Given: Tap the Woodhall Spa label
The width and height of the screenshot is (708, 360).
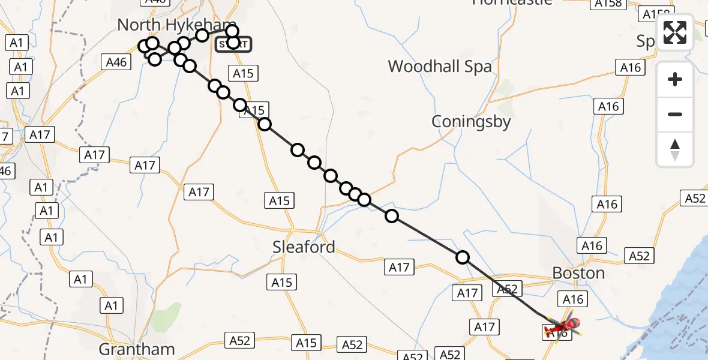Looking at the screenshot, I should point(440,66).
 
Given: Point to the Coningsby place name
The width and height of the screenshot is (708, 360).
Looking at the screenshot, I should point(471,122).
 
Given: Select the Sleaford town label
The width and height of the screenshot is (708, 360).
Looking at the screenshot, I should point(304,247).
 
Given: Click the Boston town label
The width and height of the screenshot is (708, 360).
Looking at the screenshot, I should point(578,274).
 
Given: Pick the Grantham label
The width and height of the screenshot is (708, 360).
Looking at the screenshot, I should point(137,349).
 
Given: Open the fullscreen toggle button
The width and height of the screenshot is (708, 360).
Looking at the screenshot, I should point(675,32).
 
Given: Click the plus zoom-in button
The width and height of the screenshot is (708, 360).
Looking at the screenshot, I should point(675,79).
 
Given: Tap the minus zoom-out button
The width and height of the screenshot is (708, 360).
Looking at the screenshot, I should point(675,114).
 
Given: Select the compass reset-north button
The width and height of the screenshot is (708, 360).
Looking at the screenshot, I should point(675,149).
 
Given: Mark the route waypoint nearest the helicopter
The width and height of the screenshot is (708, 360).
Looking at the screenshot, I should point(463,257).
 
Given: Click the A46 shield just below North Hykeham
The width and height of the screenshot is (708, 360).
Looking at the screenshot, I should point(116,62).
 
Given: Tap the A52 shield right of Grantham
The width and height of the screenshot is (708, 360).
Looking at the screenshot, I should point(239,341).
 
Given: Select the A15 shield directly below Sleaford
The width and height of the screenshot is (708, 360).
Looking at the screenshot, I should point(282,282).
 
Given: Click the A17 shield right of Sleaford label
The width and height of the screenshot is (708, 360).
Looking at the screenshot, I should point(399,268).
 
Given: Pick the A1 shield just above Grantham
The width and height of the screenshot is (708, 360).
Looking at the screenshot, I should point(111,306).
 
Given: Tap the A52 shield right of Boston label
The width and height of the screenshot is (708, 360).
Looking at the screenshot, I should point(638,256).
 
